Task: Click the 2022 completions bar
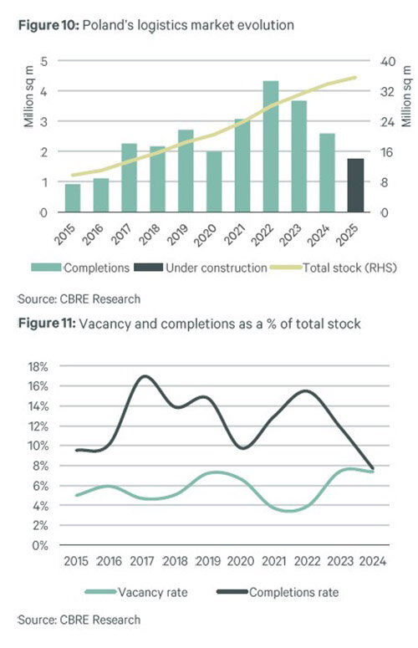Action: coord(271,146)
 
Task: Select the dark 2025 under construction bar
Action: coord(355,185)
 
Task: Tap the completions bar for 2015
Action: coord(73,198)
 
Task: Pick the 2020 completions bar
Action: coord(214,181)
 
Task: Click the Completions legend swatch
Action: coord(46,268)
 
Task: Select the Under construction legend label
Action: coord(217,268)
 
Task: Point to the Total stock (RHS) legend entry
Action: coord(334,268)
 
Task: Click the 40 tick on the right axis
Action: coord(387,62)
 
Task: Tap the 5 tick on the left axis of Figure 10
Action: coord(43,61)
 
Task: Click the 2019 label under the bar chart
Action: coord(177,234)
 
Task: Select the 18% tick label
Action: coord(38,366)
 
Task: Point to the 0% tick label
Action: coord(40,545)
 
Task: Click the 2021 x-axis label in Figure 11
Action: coord(274,561)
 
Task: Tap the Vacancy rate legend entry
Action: coord(136,592)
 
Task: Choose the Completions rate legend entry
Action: coord(278,592)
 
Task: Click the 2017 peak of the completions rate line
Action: coord(144,376)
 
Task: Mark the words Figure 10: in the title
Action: coord(48,25)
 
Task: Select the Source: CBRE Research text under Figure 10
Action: coord(79,298)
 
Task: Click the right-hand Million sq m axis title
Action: coord(406,96)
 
